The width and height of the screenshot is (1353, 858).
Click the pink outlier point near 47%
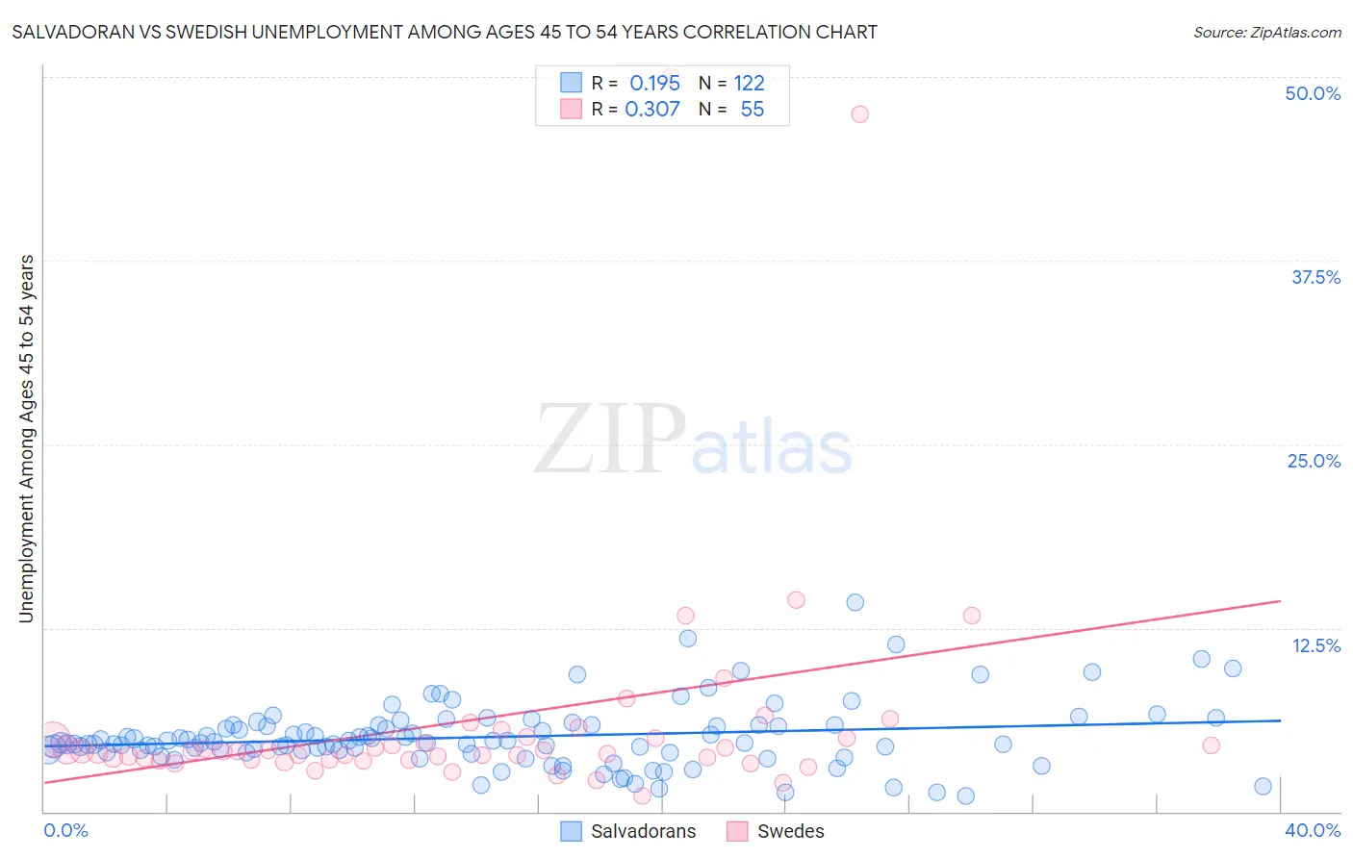coord(859,114)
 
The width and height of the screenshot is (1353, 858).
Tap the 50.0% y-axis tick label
coord(1313,93)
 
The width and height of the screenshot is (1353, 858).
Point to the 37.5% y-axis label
coord(1315,277)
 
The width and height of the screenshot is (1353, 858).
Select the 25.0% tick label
coord(1314,461)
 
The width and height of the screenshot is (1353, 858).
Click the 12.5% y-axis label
coord(1315,645)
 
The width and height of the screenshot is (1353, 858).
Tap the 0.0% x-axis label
coord(65,830)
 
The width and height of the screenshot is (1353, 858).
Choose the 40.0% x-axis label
coord(1313,830)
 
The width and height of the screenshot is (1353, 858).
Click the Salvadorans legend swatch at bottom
coord(571,831)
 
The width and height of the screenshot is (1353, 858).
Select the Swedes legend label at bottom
coord(790,831)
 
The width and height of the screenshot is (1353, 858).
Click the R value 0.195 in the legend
coord(654,83)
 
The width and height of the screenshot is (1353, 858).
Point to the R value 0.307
coord(652,109)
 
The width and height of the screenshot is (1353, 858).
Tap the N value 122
coord(749,83)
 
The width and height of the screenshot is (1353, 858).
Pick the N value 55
coord(752,109)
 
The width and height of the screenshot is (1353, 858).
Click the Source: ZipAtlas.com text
coord(1266,32)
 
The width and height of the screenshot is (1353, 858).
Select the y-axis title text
coord(26,439)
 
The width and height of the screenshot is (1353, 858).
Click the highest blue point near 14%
coord(855,602)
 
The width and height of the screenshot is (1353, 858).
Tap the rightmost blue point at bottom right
coord(1263,786)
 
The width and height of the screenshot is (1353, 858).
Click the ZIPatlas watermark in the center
coord(693,440)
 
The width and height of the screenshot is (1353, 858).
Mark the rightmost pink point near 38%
coord(1211,745)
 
